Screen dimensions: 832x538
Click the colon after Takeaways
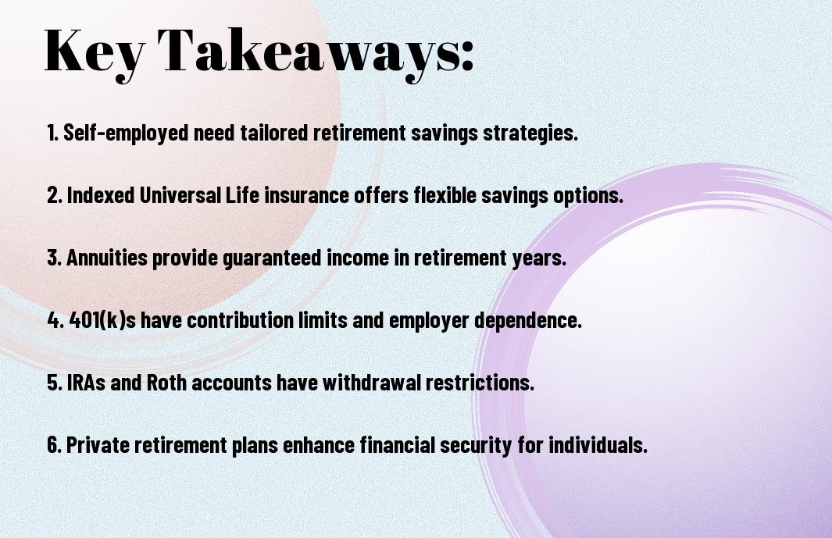point(466,55)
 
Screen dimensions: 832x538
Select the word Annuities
point(107,258)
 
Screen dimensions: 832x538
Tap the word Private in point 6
point(98,444)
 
